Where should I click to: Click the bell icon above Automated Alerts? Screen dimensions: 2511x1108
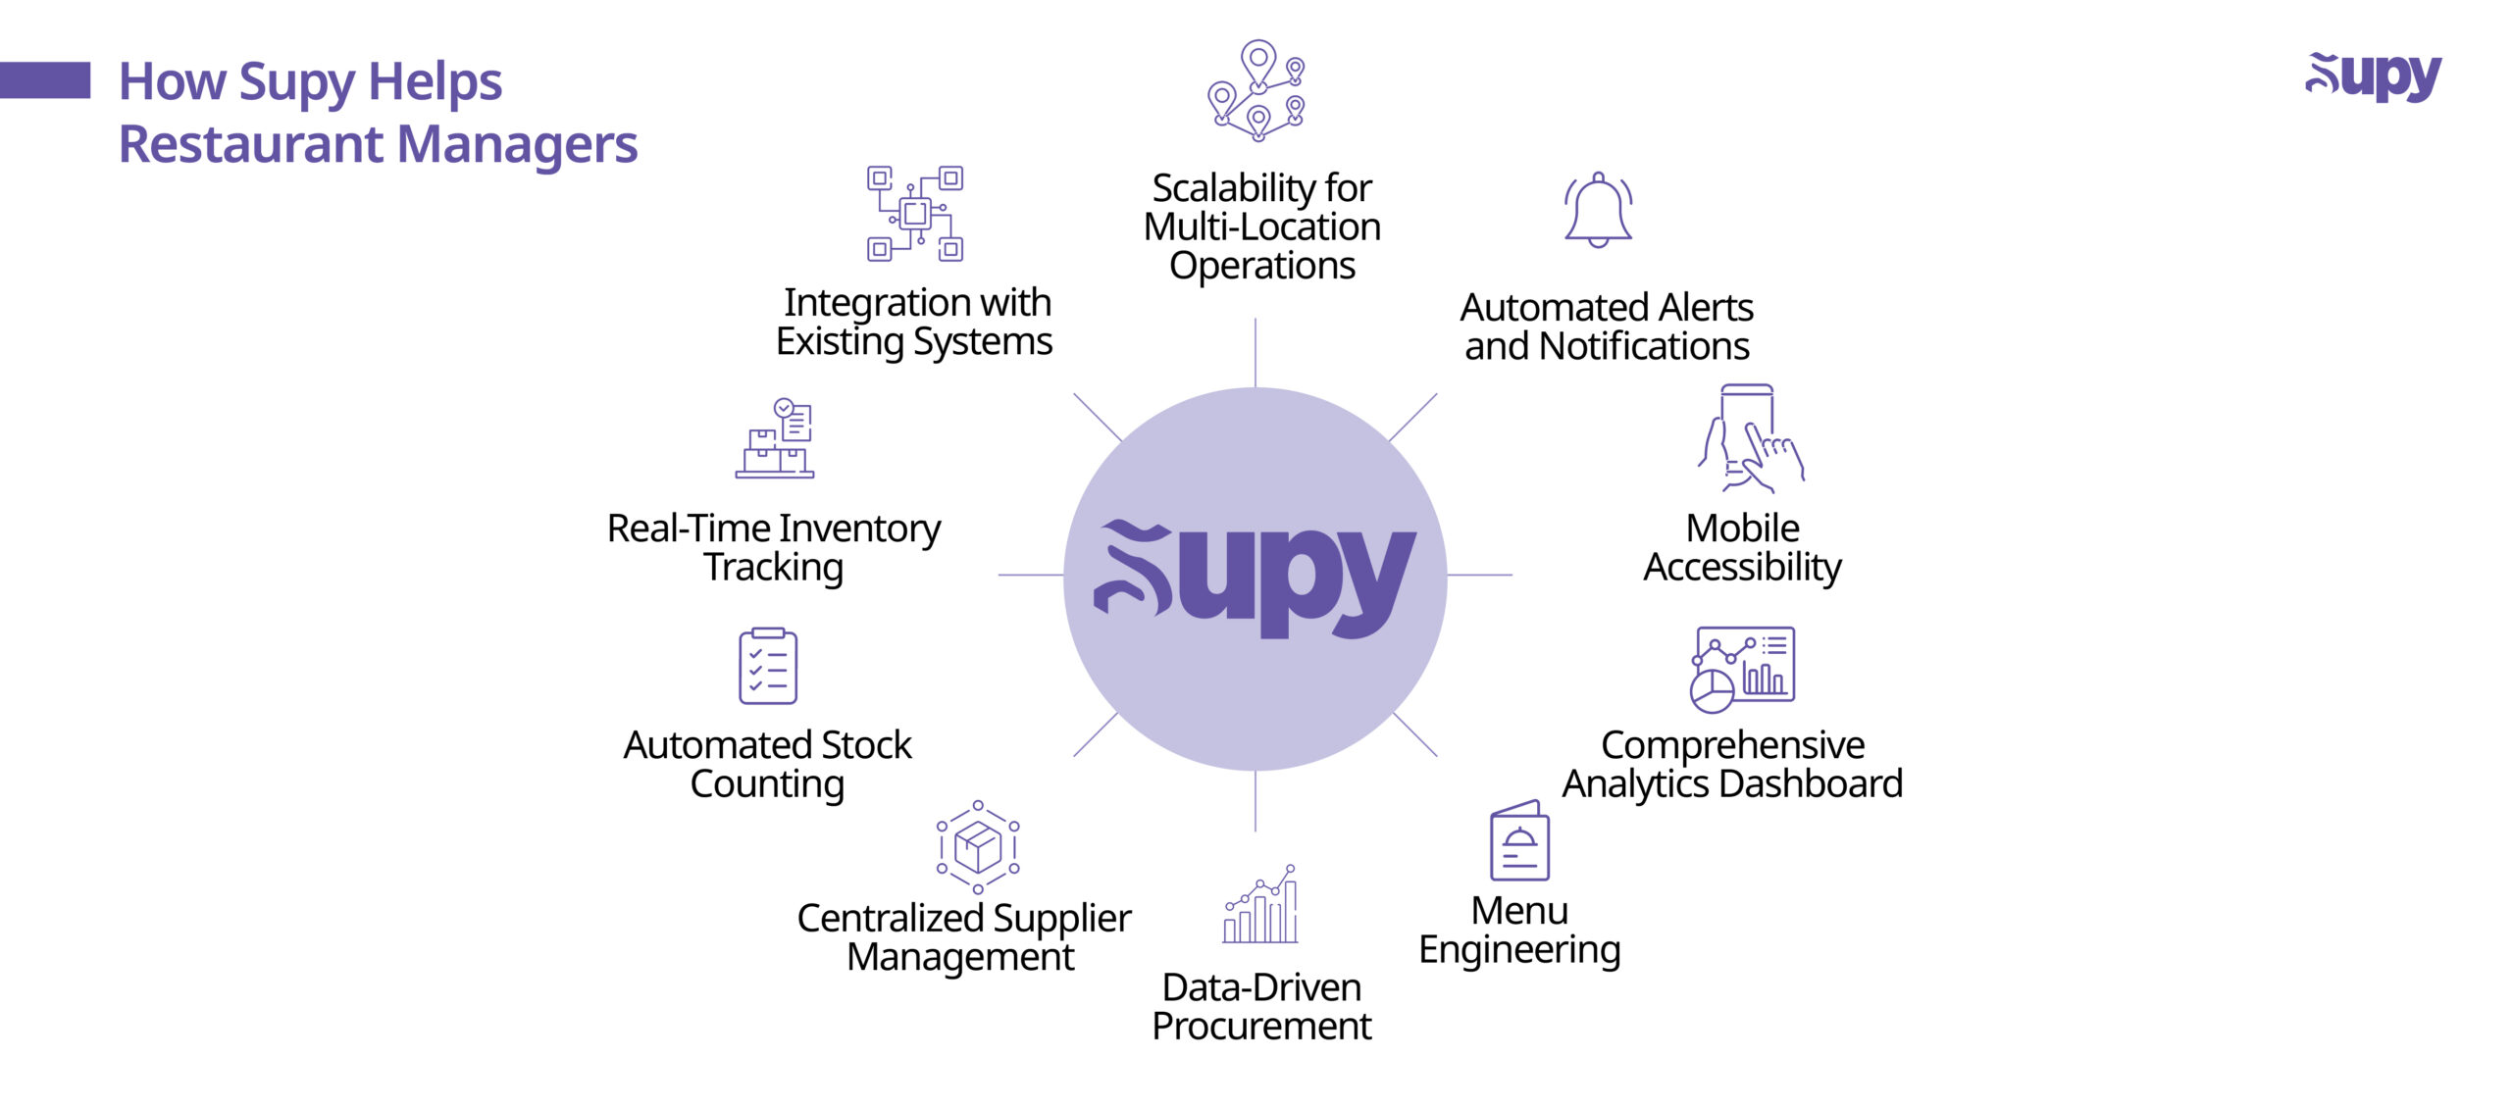[x=1598, y=210]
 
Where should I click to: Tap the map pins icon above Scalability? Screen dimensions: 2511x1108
[x=1256, y=91]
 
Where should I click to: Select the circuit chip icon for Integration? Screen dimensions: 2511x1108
[x=915, y=213]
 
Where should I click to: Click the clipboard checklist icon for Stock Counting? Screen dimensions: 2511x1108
[x=768, y=667]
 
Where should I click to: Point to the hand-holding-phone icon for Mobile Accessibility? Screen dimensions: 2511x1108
[x=1751, y=438]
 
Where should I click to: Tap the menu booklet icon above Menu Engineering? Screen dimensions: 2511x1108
[x=1519, y=840]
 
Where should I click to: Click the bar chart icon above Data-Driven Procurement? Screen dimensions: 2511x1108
[x=1260, y=904]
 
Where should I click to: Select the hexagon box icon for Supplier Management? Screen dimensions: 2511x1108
[x=978, y=847]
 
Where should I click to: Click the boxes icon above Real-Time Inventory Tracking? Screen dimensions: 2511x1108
[x=775, y=438]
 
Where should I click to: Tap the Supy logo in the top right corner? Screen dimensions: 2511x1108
[x=2373, y=77]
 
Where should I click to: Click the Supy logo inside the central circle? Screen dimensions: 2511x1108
[x=1255, y=579]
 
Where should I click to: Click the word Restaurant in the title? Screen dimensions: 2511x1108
[x=252, y=144]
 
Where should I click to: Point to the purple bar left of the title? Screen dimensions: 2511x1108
[x=45, y=80]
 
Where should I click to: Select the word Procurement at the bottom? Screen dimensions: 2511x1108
[x=1261, y=1027]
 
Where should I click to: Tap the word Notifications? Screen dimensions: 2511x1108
[x=1644, y=346]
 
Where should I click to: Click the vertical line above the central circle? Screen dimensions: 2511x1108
[x=1255, y=352]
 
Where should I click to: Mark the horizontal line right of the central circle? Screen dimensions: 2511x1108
[x=1480, y=575]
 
